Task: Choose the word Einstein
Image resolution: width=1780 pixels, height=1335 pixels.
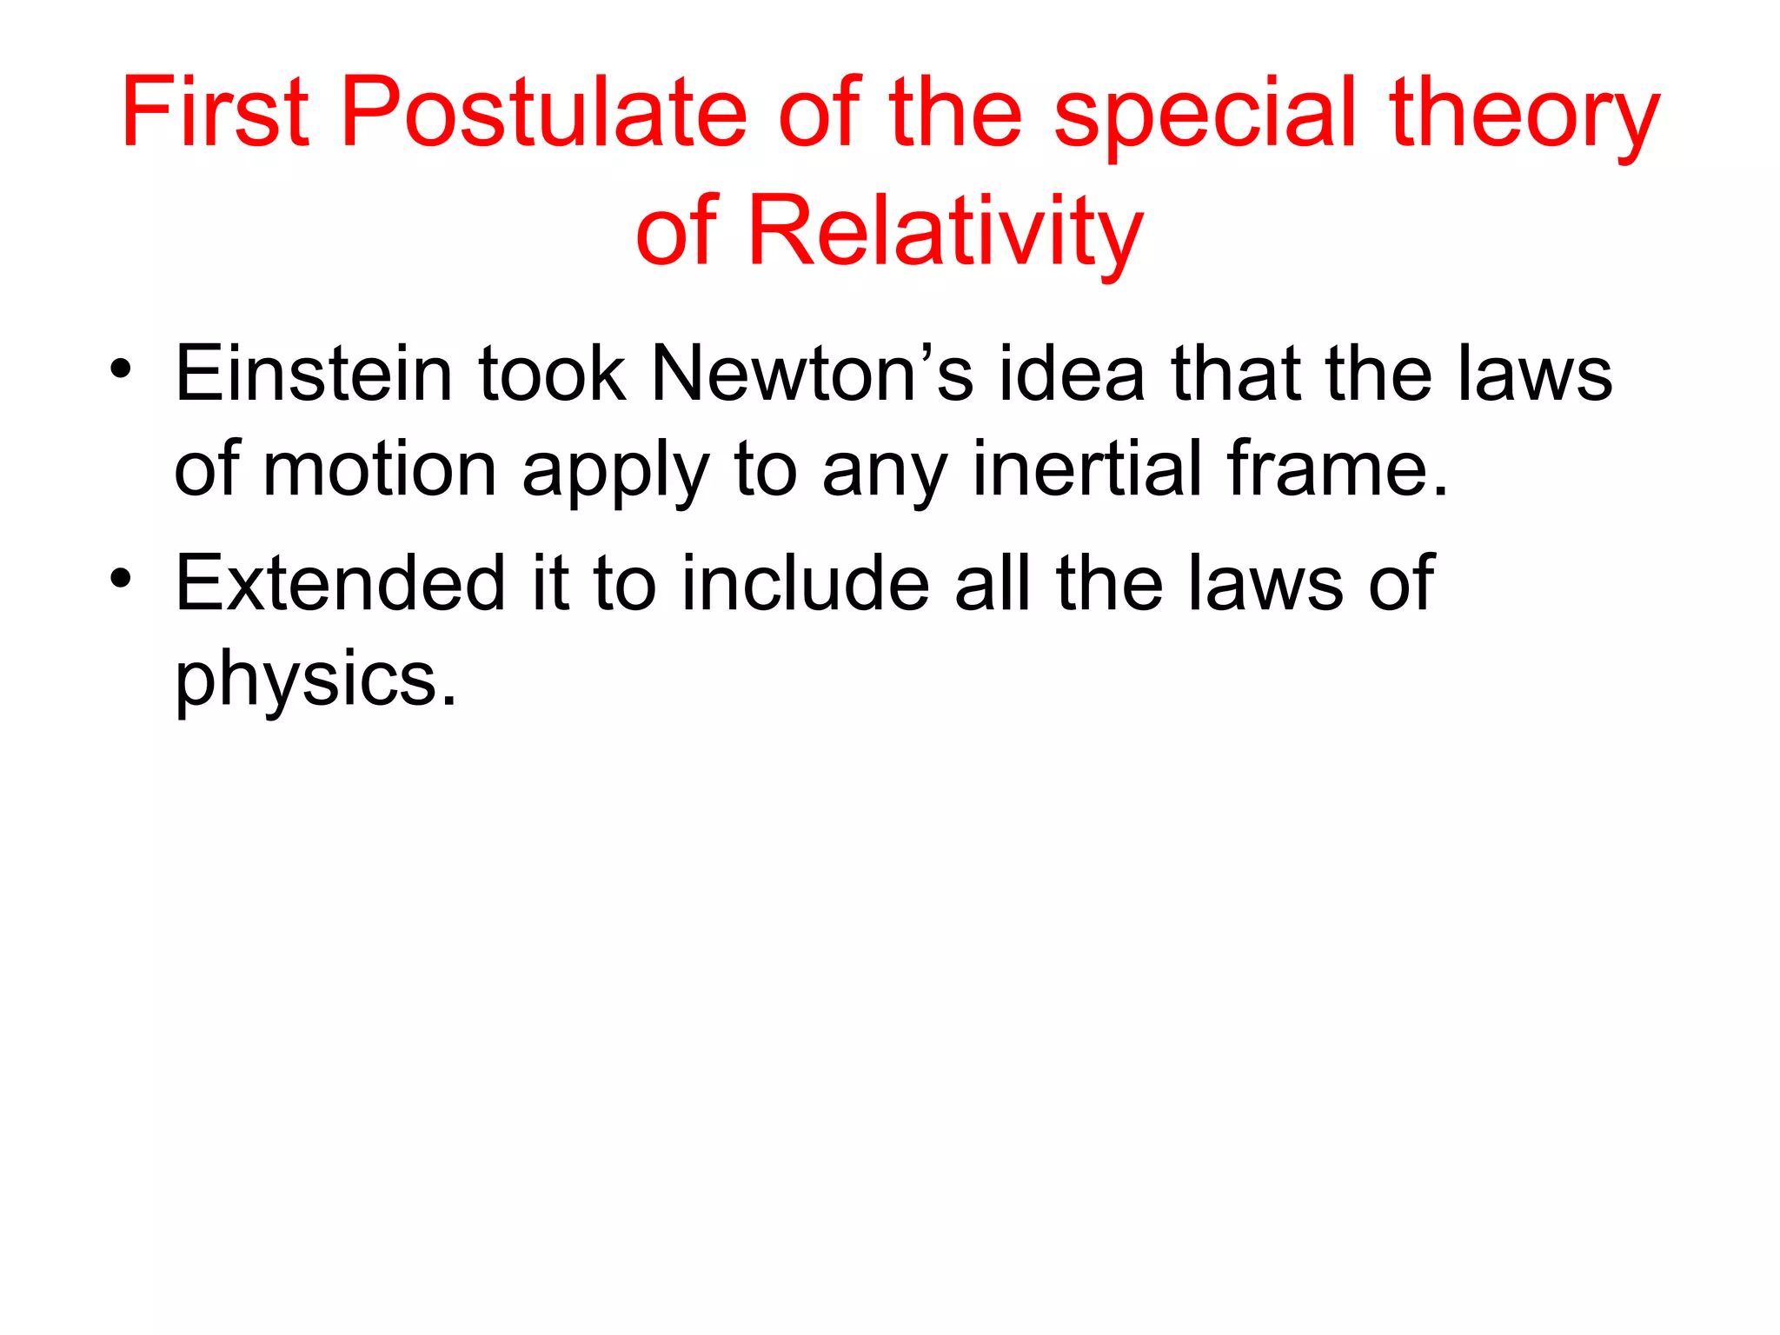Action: click(314, 374)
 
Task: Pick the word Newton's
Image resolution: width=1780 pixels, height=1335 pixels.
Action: click(812, 374)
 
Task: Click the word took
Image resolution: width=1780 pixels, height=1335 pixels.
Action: click(552, 374)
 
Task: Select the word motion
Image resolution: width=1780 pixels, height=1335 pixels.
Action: click(379, 470)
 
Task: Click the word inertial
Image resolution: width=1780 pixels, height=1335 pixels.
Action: click(1087, 469)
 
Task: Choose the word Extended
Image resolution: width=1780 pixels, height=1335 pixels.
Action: click(340, 583)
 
